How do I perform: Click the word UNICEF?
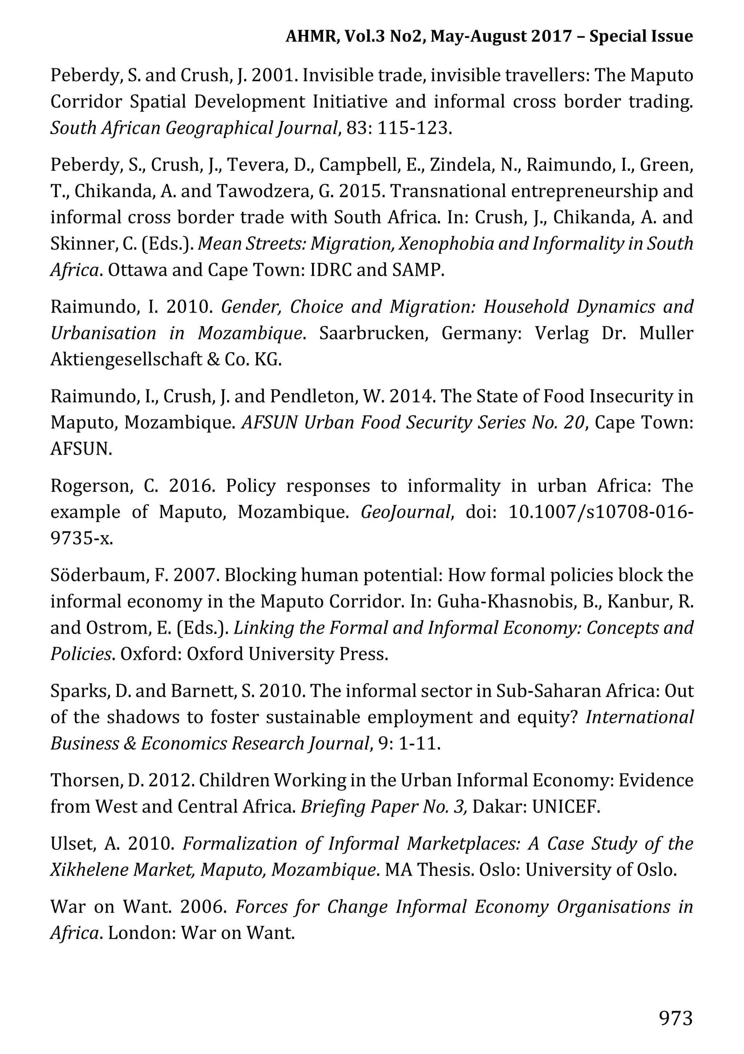[566, 807]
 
